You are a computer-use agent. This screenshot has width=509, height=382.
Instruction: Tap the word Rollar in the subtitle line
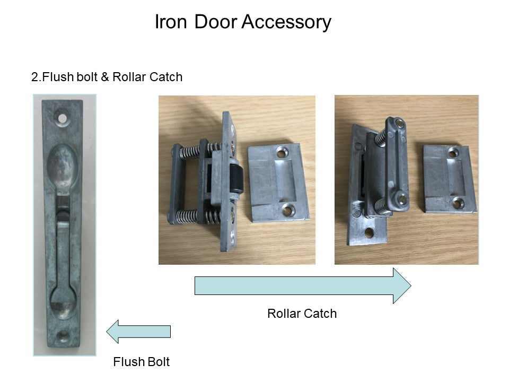pos(130,77)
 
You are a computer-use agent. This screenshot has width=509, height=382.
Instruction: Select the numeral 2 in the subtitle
pos(35,77)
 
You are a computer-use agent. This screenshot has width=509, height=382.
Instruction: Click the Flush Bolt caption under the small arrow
pos(142,362)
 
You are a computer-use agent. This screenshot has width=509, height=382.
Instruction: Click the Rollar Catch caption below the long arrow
pos(302,314)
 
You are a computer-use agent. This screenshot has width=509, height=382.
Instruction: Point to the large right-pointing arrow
pos(302,285)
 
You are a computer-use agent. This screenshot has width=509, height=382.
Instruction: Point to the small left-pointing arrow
pos(138,332)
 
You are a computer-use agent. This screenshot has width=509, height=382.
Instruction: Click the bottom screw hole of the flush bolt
pos(64,335)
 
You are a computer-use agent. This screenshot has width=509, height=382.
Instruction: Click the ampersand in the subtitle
pos(104,77)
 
